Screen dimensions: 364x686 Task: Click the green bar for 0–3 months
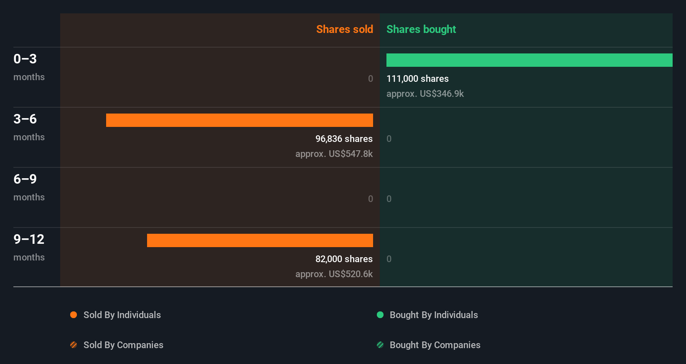pyautogui.click(x=529, y=60)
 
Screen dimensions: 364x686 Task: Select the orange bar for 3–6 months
pyautogui.click(x=239, y=120)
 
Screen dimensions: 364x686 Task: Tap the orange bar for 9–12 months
pyautogui.click(x=260, y=240)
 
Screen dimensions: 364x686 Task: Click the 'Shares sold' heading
pyautogui.click(x=344, y=29)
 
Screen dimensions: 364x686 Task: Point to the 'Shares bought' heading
pyautogui.click(x=421, y=29)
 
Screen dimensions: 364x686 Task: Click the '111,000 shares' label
pyautogui.click(x=417, y=79)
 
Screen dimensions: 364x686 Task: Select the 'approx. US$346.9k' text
pyautogui.click(x=425, y=94)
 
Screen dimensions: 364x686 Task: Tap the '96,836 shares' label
pyautogui.click(x=344, y=139)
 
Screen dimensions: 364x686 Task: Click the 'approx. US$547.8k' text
pyautogui.click(x=334, y=154)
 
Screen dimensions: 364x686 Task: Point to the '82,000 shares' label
pyautogui.click(x=344, y=259)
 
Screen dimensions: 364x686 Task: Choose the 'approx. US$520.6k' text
pyautogui.click(x=334, y=274)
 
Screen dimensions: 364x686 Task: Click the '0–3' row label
pyautogui.click(x=25, y=59)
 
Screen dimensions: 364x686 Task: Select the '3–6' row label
pyautogui.click(x=25, y=119)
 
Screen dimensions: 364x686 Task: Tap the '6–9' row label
pyautogui.click(x=25, y=179)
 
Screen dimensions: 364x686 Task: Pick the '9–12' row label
pyautogui.click(x=29, y=239)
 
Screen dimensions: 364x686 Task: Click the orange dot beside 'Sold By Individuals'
pyautogui.click(x=74, y=315)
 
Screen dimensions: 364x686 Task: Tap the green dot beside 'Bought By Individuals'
pyautogui.click(x=380, y=315)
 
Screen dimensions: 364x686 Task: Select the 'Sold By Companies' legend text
pyautogui.click(x=123, y=345)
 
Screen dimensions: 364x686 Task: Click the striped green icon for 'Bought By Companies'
pyautogui.click(x=380, y=345)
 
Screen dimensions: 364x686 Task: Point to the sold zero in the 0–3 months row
pyautogui.click(x=370, y=79)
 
